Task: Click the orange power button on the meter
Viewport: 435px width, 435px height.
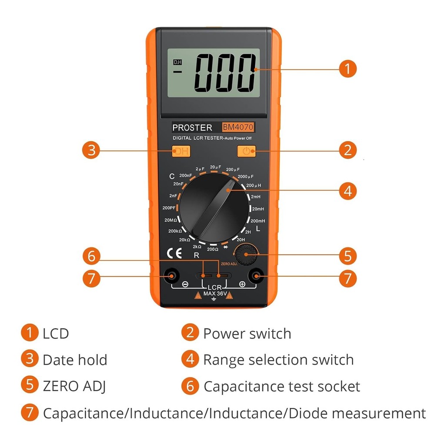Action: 246,151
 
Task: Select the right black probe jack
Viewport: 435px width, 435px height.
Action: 256,276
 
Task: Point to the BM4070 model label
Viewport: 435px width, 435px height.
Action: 238,127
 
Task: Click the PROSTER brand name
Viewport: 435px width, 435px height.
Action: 192,127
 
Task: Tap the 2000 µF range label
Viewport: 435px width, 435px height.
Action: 246,177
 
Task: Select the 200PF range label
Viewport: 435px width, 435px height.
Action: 169,208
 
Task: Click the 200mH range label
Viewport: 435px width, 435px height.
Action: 258,221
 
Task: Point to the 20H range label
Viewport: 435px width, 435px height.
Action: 241,239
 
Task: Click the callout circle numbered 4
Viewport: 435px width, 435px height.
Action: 348,191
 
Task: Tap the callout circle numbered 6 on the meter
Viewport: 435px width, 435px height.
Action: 91,256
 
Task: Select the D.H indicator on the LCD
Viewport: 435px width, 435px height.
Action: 177,62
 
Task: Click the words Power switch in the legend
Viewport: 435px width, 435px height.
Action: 247,334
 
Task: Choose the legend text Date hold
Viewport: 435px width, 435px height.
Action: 74,360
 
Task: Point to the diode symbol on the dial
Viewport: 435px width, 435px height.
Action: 226,247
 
